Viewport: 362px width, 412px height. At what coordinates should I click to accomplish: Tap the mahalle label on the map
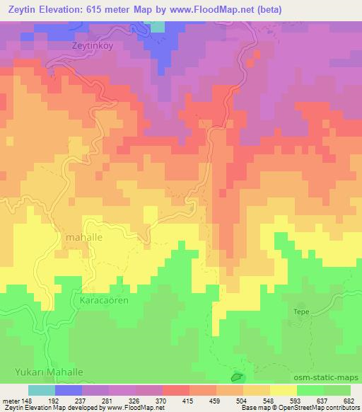83,238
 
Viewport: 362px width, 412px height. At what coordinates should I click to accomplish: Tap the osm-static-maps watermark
332,377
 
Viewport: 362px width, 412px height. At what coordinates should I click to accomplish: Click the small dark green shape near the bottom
238,379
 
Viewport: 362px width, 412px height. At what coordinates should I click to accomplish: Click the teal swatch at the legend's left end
42,390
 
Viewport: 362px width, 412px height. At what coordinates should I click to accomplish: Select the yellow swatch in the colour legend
284,390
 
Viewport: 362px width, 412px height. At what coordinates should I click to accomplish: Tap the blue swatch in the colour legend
69,390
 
